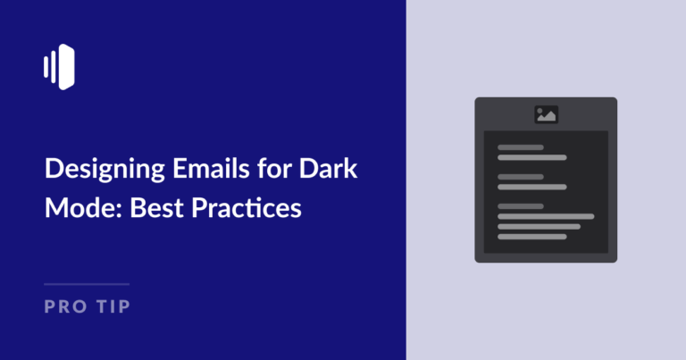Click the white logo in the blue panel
pyautogui.click(x=58, y=67)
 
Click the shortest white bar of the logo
pyautogui.click(x=45, y=67)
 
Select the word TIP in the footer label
pyautogui.click(x=113, y=307)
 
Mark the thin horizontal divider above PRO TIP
pyautogui.click(x=87, y=284)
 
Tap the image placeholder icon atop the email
pyautogui.click(x=546, y=114)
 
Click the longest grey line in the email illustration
pyautogui.click(x=546, y=216)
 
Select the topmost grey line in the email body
pyautogui.click(x=521, y=147)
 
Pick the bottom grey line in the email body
pyautogui.click(x=532, y=237)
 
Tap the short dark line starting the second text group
pyautogui.click(x=521, y=177)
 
